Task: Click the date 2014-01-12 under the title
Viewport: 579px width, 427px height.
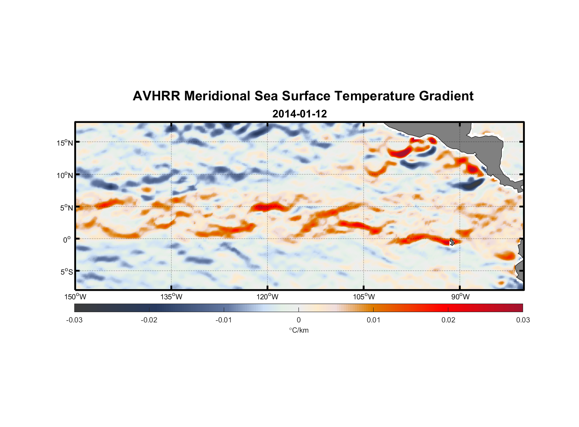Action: (x=299, y=114)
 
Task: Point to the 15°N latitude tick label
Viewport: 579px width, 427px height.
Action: (x=65, y=143)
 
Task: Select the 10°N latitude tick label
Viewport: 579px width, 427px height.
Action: (x=65, y=175)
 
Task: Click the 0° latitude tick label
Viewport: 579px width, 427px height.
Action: (x=67, y=240)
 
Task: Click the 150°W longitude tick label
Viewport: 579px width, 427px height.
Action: (x=75, y=297)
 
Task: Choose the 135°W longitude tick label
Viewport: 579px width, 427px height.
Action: (x=171, y=297)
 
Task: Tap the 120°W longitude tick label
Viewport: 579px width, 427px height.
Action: (x=267, y=297)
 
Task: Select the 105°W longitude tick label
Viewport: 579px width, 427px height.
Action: (x=364, y=297)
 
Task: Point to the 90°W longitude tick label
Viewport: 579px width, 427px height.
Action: (x=460, y=297)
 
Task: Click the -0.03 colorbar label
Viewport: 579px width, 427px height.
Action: (x=74, y=320)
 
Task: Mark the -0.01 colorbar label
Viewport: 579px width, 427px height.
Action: (x=224, y=320)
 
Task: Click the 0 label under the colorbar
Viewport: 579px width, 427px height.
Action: (x=298, y=320)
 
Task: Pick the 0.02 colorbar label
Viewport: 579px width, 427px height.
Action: (x=448, y=320)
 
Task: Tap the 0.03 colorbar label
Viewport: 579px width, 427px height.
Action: (x=523, y=320)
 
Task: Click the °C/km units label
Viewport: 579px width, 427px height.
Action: (x=298, y=330)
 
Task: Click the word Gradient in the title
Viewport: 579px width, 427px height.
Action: (x=446, y=96)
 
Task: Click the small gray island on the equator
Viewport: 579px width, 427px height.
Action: (x=452, y=242)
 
